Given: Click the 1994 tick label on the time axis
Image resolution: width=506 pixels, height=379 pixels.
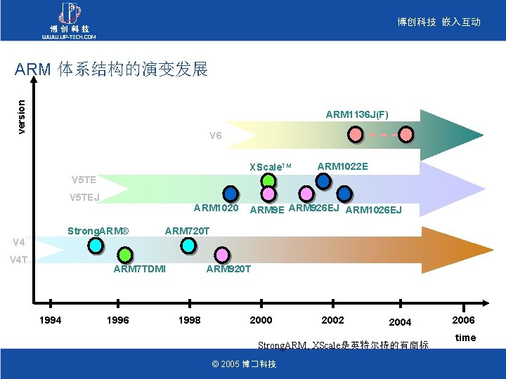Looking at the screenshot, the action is [50, 320].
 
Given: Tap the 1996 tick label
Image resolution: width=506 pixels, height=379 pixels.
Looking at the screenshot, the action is [117, 320].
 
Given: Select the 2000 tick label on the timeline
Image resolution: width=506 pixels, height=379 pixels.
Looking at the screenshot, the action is [261, 320].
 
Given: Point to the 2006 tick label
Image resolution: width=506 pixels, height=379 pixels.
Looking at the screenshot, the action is [464, 320].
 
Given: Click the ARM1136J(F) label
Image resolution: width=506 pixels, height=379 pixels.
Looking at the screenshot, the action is [357, 114].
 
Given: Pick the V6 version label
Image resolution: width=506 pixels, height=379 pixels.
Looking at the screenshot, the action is [216, 135].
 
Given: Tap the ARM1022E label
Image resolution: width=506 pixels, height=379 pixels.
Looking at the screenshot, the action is [342, 166].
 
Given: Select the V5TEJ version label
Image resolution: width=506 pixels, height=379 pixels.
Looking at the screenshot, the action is [84, 197].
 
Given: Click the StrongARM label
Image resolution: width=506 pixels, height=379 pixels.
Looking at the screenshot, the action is [98, 231].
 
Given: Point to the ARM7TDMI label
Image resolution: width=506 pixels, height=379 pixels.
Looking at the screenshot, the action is [139, 269].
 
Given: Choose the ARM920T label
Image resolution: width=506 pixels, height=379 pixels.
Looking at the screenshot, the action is [228, 269].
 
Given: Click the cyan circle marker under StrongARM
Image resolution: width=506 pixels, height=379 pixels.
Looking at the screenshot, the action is [96, 245].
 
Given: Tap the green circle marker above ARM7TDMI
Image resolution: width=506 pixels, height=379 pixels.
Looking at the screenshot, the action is [124, 253].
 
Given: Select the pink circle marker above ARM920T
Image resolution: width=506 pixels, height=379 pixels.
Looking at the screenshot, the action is [221, 253].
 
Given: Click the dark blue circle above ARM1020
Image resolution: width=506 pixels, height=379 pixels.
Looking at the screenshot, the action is [230, 194].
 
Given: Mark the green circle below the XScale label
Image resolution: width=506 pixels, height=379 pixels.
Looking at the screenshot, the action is [268, 180].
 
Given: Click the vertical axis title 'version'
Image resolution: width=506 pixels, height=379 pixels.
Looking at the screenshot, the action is [22, 116].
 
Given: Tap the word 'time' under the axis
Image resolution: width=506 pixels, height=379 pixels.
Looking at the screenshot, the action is [465, 338].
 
